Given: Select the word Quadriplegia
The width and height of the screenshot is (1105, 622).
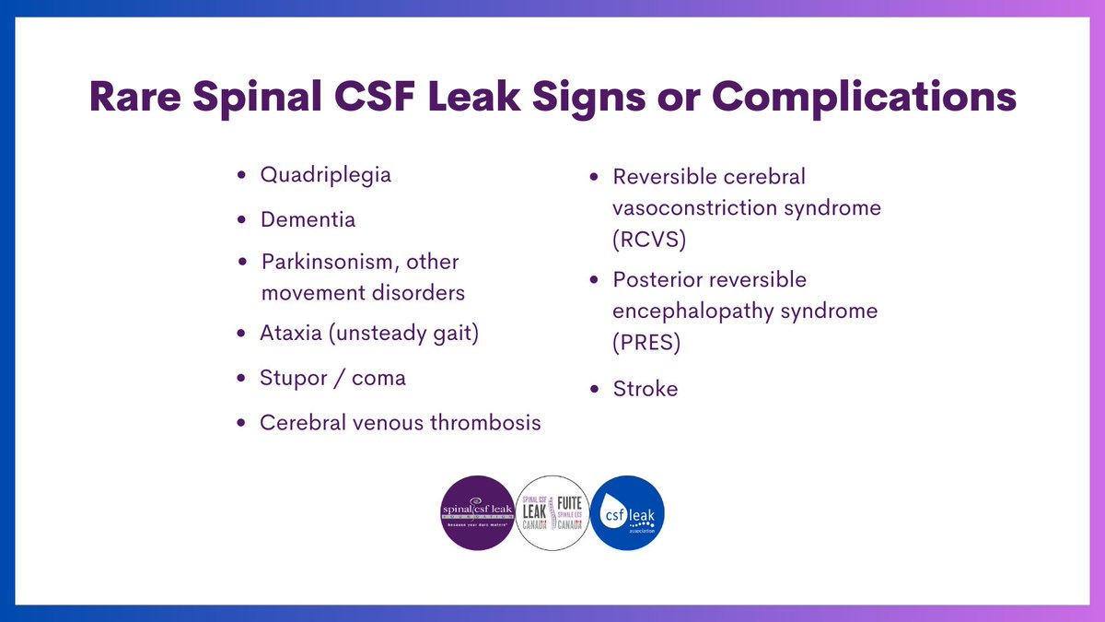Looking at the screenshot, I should pos(326,174).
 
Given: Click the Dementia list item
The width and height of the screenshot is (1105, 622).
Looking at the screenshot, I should pos(308,220).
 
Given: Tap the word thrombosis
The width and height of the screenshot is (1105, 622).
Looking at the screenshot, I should pos(488,423).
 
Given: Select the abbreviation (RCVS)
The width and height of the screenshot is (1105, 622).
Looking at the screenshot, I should pos(649,240).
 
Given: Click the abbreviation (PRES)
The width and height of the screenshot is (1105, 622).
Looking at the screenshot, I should pos(646,343).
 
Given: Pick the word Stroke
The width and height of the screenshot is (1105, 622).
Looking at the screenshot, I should pos(646,389).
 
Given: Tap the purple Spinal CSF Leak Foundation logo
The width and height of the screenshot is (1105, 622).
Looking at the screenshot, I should pos(477,512).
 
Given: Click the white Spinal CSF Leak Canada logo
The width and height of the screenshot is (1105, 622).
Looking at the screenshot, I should pos(552,512).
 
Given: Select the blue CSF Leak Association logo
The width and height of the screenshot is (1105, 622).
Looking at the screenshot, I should pos(628,512).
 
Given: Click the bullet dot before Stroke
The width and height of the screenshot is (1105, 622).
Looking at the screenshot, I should pos(594,389).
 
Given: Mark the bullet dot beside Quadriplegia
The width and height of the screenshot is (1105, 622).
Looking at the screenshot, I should pos(241,174).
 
